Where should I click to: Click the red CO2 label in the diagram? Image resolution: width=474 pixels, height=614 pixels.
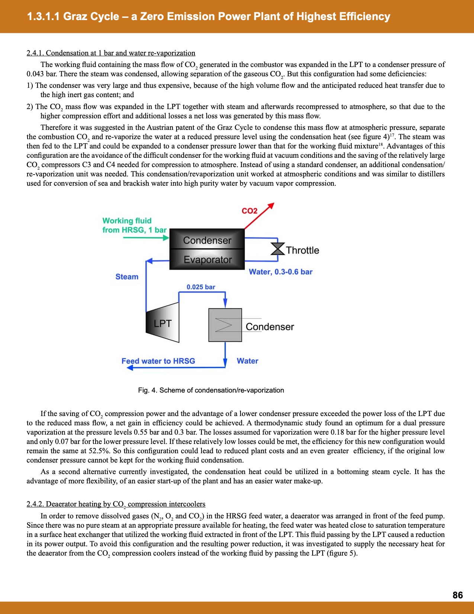coord(249,211)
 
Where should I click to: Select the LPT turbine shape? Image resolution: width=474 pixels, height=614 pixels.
coord(163,322)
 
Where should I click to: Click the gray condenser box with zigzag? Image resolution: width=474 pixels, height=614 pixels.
coord(225,325)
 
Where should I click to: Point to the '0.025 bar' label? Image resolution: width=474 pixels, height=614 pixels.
coord(201,287)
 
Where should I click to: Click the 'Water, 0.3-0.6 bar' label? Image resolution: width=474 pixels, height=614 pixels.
coord(281,272)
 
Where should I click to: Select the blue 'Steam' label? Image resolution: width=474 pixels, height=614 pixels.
coord(127,276)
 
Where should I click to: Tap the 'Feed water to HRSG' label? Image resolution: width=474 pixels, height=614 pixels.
coord(158,361)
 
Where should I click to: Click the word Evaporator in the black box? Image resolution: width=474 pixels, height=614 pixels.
coord(207,260)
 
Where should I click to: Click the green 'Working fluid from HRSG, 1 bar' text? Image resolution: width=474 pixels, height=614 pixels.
coord(134,225)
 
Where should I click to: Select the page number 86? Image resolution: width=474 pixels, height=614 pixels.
coord(458,595)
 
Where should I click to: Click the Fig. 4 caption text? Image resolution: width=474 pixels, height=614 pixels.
coord(211,390)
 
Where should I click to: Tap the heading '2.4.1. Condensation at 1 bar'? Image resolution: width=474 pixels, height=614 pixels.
coord(111,53)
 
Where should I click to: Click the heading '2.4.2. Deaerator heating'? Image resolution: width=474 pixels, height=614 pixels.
coord(116,504)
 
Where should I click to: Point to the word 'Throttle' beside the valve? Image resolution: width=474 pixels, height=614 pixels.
coord(303,250)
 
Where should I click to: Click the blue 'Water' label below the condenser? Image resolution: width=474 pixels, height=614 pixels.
coord(247,361)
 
